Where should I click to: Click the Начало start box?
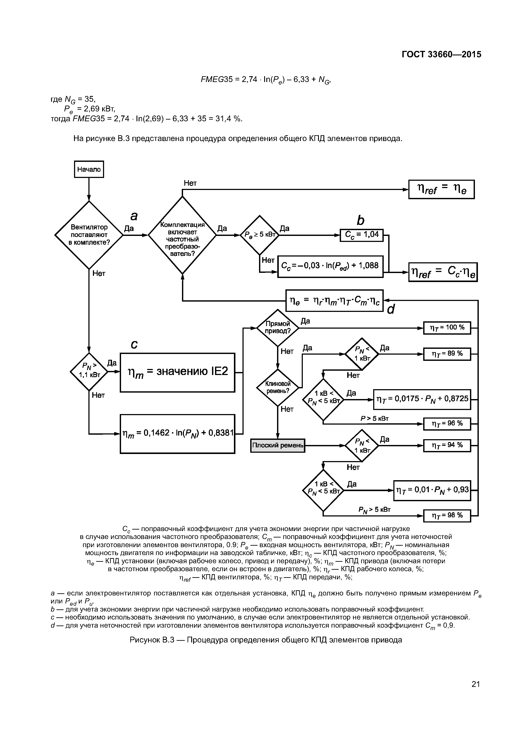89,169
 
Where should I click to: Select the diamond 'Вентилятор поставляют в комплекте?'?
89,235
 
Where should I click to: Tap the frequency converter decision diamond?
182,235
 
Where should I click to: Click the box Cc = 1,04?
362,235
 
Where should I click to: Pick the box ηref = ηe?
441,189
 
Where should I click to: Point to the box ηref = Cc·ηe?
443,272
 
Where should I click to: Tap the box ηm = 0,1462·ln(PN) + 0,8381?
177,434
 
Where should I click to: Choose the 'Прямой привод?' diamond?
278,327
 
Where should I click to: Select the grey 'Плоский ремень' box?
278,445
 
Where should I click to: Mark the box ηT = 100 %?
447,328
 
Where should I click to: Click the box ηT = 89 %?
447,354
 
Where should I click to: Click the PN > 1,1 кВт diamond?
89,372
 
